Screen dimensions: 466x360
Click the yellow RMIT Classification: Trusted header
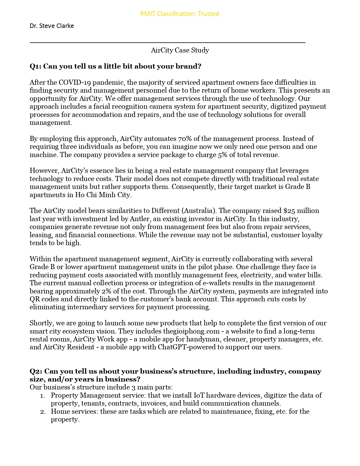click(180, 14)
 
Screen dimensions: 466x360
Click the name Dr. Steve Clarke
click(52, 26)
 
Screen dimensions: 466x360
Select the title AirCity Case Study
click(180, 50)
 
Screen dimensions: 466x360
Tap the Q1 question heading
click(115, 66)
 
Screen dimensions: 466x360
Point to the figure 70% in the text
click(185, 139)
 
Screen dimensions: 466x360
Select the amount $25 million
click(301, 211)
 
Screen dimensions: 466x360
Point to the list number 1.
click(42, 396)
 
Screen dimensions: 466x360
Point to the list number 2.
click(43, 412)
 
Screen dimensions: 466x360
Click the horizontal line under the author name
click(167, 42)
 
